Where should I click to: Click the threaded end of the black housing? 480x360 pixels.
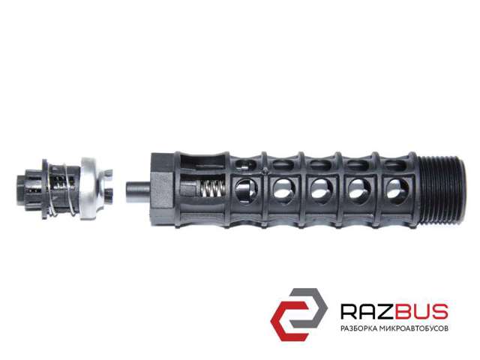click(442, 190)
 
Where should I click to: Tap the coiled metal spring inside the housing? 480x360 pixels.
click(211, 188)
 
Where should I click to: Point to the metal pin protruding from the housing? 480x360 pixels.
click(138, 191)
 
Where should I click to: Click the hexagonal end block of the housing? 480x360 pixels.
click(162, 190)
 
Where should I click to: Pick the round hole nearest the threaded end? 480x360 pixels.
click(397, 191)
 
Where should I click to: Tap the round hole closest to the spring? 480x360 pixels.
click(247, 191)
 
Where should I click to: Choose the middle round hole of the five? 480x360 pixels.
click(322, 191)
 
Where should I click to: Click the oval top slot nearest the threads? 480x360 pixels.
click(395, 165)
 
